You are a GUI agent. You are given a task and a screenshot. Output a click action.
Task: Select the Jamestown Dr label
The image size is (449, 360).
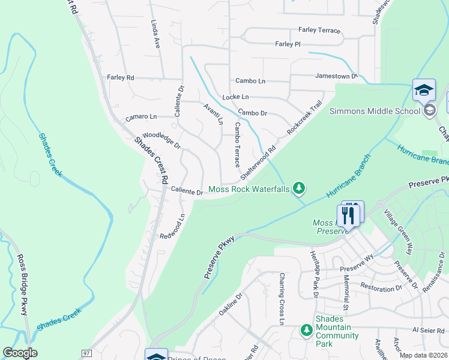tap(336, 76)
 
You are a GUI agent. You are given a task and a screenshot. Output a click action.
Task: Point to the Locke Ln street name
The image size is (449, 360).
tap(235, 97)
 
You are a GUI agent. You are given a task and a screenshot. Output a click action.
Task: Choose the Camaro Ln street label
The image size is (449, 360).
tap(141, 117)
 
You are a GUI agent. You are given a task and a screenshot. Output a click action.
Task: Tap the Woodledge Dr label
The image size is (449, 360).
tap(161, 141)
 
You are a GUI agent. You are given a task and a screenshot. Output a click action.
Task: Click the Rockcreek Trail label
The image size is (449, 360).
tap(304, 117)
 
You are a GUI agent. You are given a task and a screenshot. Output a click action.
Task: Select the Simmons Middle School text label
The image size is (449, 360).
tap(375, 111)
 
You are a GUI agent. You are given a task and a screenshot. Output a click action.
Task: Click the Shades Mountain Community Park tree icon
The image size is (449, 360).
tap(307, 331)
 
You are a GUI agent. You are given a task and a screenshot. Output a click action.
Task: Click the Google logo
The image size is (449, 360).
tap(20, 353)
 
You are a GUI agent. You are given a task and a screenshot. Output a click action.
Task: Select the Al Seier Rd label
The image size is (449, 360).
tap(427, 330)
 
